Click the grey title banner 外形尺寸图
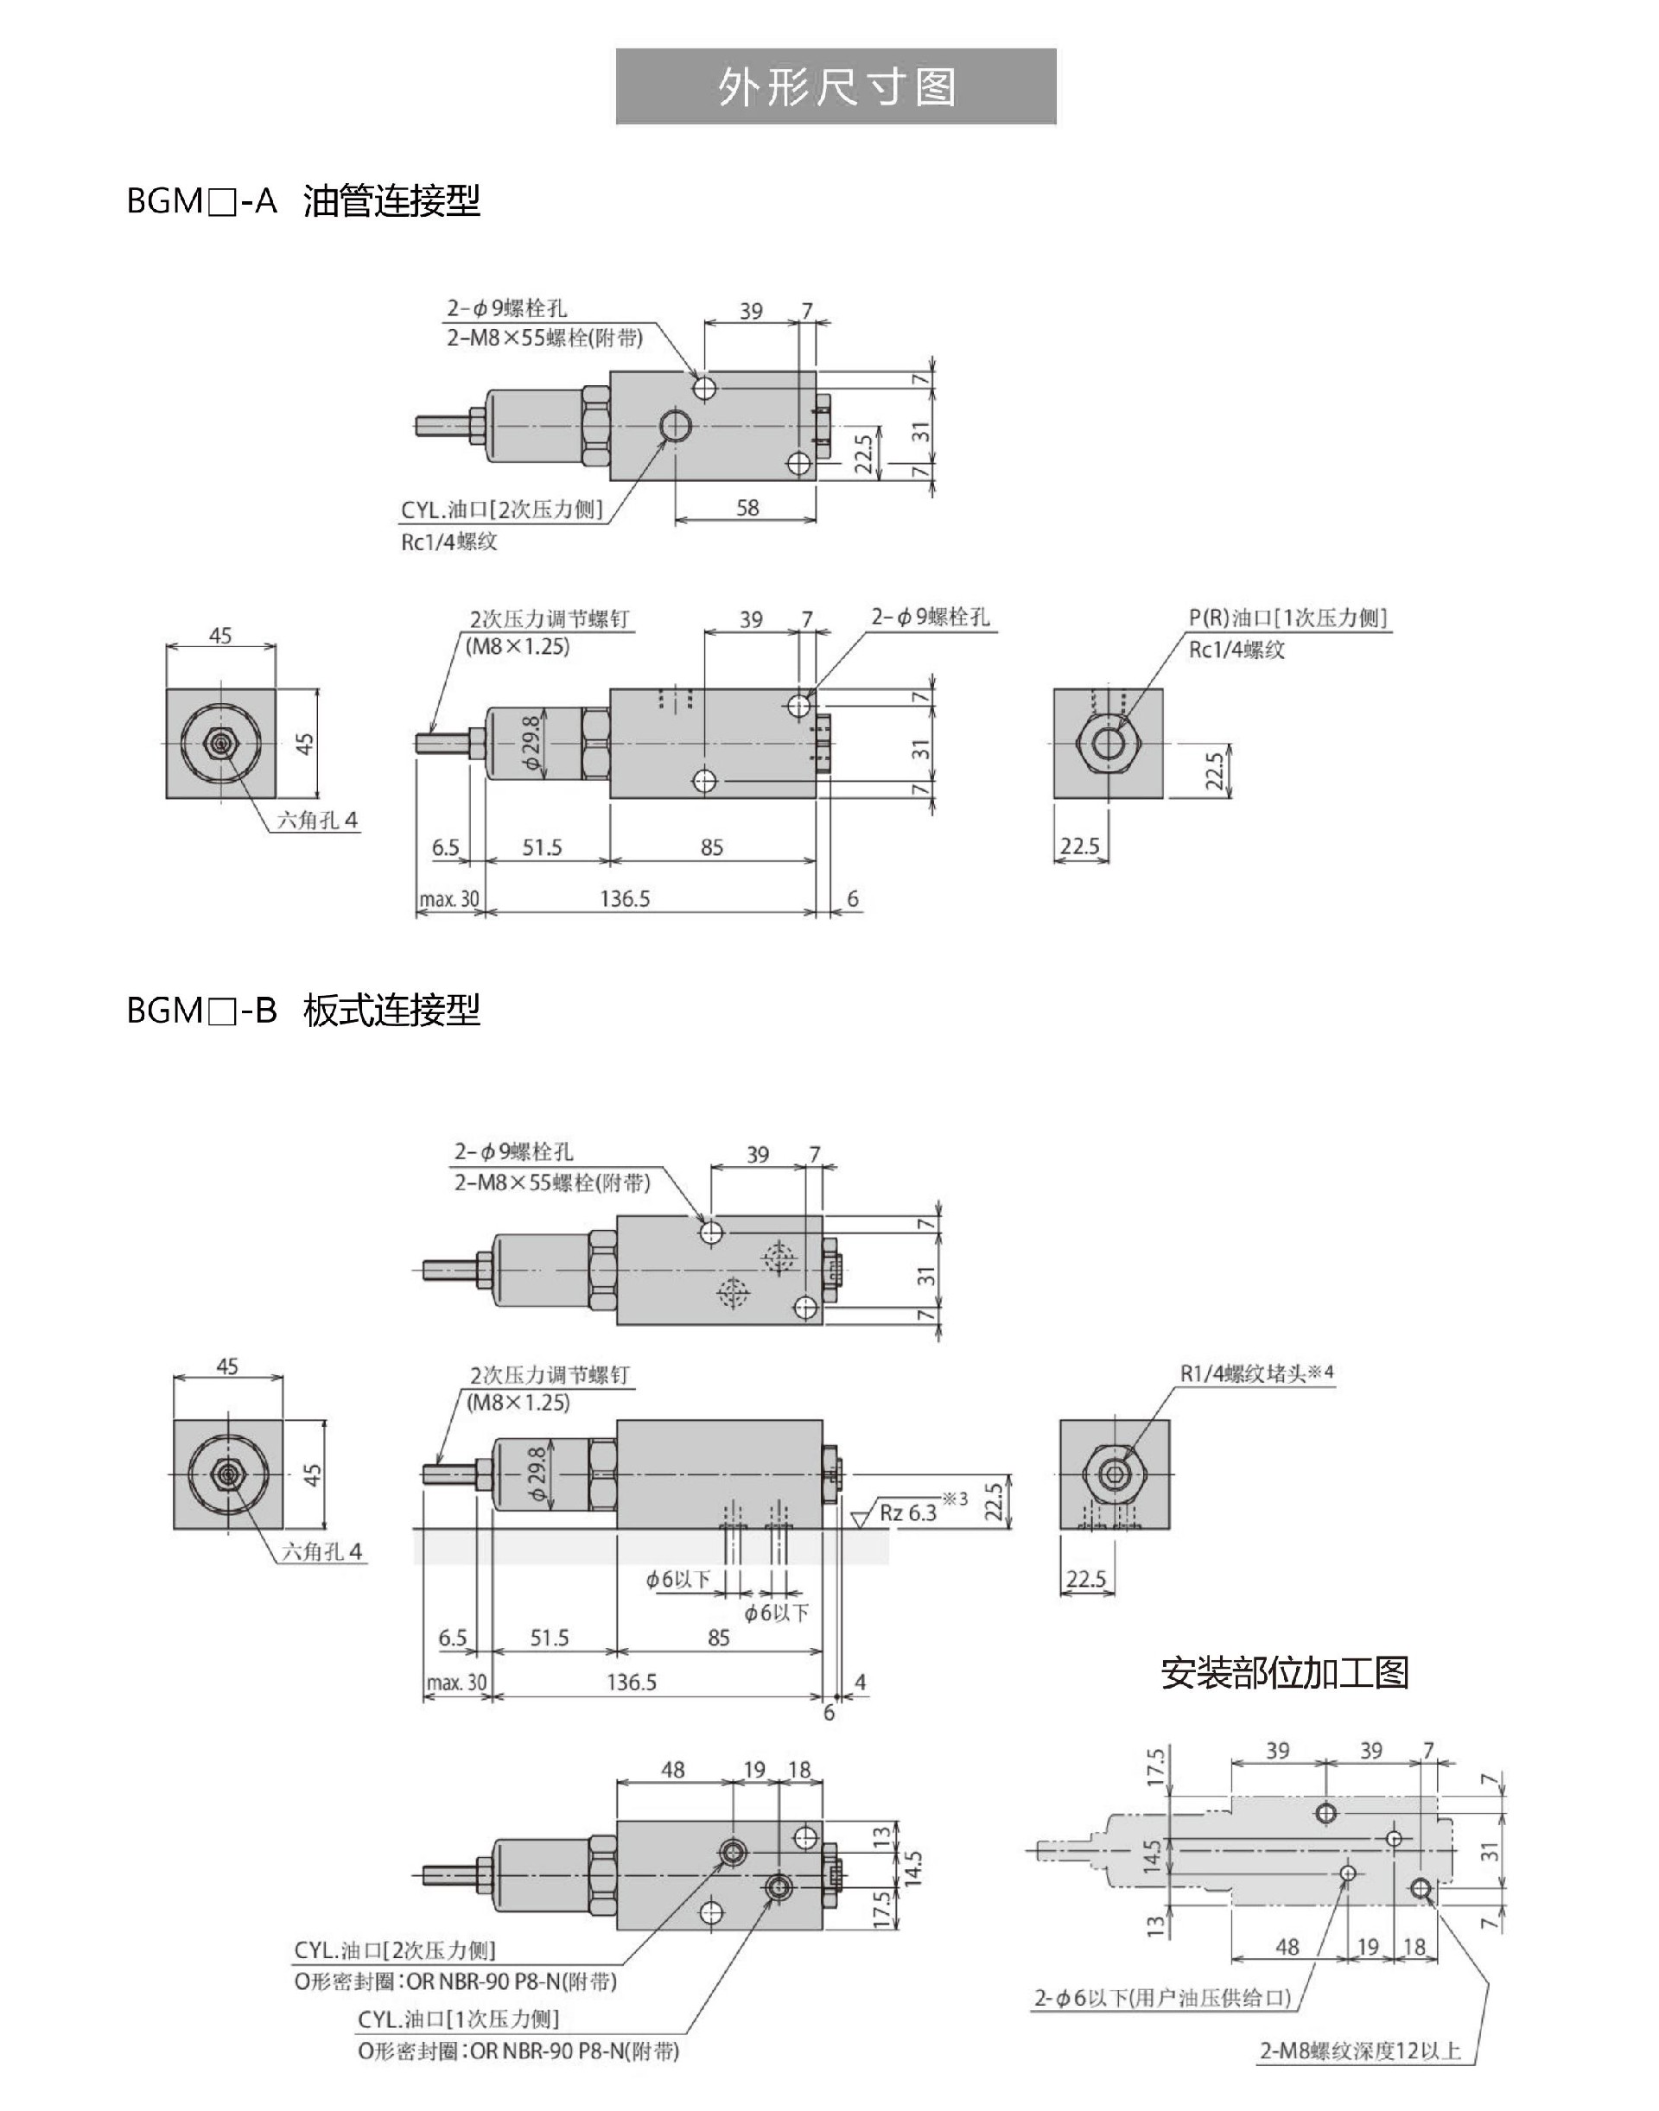[x=836, y=87]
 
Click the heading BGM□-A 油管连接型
[x=303, y=201]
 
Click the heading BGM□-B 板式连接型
[x=303, y=1011]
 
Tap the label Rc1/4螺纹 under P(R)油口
[x=1236, y=650]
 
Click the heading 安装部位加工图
[x=1284, y=1672]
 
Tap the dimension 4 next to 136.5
[x=860, y=1681]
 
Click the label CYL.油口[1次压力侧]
[x=459, y=2019]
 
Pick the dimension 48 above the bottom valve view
[x=672, y=1770]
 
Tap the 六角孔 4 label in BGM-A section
[x=316, y=821]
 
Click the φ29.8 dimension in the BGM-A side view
[x=531, y=744]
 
